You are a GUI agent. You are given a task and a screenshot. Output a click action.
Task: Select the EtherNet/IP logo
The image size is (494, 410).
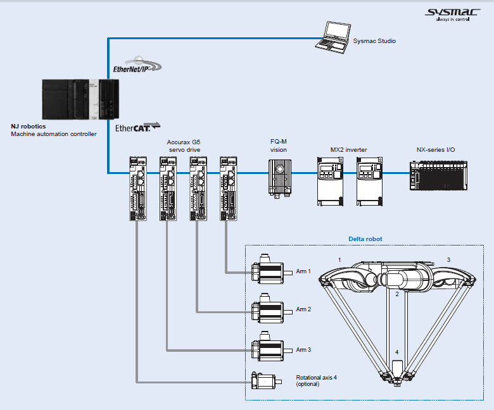click(137, 65)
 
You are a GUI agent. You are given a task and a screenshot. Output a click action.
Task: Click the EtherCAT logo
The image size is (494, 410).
click(137, 127)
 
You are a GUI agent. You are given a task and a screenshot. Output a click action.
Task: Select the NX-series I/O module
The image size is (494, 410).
click(438, 173)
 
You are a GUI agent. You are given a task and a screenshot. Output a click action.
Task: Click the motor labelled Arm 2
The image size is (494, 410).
click(269, 309)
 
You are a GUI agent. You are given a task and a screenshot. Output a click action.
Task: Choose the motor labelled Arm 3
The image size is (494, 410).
click(269, 348)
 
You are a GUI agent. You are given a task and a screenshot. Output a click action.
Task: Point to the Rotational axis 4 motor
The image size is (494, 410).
click(265, 381)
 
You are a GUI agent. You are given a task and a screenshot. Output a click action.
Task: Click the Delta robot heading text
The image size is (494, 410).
click(365, 239)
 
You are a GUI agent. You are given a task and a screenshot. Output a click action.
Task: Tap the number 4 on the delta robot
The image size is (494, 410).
click(397, 352)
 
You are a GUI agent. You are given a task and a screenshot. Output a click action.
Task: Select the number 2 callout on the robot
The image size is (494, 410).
click(396, 294)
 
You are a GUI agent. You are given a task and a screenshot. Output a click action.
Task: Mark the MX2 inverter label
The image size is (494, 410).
click(348, 150)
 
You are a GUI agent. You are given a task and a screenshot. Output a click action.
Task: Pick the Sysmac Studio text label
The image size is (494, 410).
click(374, 41)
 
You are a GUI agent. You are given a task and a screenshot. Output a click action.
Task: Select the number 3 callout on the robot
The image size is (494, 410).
click(448, 260)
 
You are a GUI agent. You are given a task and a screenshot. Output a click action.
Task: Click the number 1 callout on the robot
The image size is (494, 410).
click(339, 260)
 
